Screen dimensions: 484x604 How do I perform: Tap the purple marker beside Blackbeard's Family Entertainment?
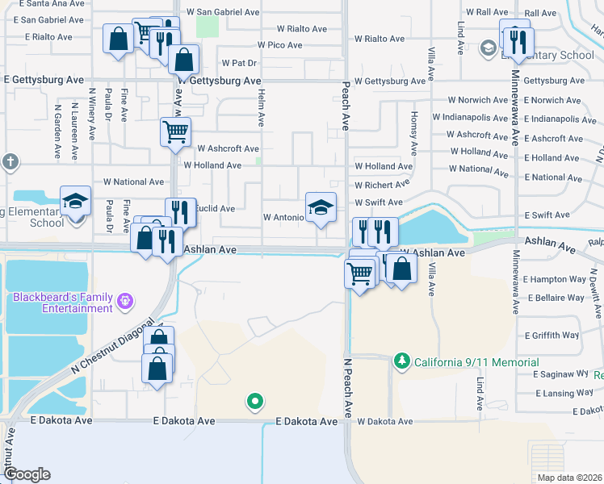(x=125, y=302)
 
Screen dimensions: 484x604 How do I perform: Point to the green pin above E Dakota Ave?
(x=255, y=401)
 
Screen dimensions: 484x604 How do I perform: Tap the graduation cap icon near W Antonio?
(x=321, y=208)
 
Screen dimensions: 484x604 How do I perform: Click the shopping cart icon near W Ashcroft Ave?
(x=175, y=131)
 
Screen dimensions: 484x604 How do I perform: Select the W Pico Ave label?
(x=279, y=45)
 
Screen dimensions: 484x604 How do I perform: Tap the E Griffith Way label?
(x=552, y=335)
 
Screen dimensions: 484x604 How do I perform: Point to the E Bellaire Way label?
(x=553, y=298)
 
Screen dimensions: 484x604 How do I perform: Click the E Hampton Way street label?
(x=554, y=279)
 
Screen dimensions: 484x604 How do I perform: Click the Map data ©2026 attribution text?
(x=569, y=478)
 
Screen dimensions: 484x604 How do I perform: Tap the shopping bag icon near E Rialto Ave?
(x=118, y=38)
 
